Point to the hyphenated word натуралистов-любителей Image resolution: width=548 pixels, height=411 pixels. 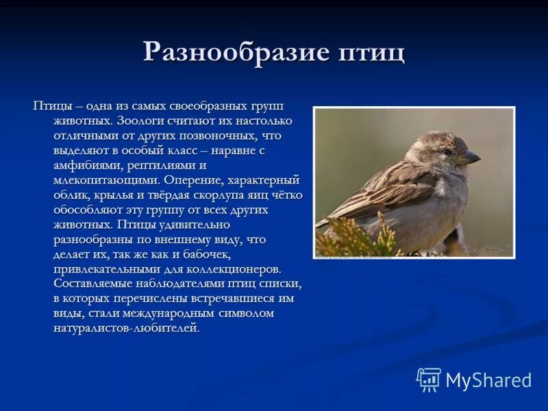[x=127, y=329]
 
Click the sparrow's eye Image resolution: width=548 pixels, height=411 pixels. [x=447, y=151]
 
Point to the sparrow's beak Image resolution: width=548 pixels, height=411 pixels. [x=470, y=158]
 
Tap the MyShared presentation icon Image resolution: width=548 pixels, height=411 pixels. [x=428, y=379]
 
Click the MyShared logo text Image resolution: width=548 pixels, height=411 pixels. [x=488, y=380]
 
